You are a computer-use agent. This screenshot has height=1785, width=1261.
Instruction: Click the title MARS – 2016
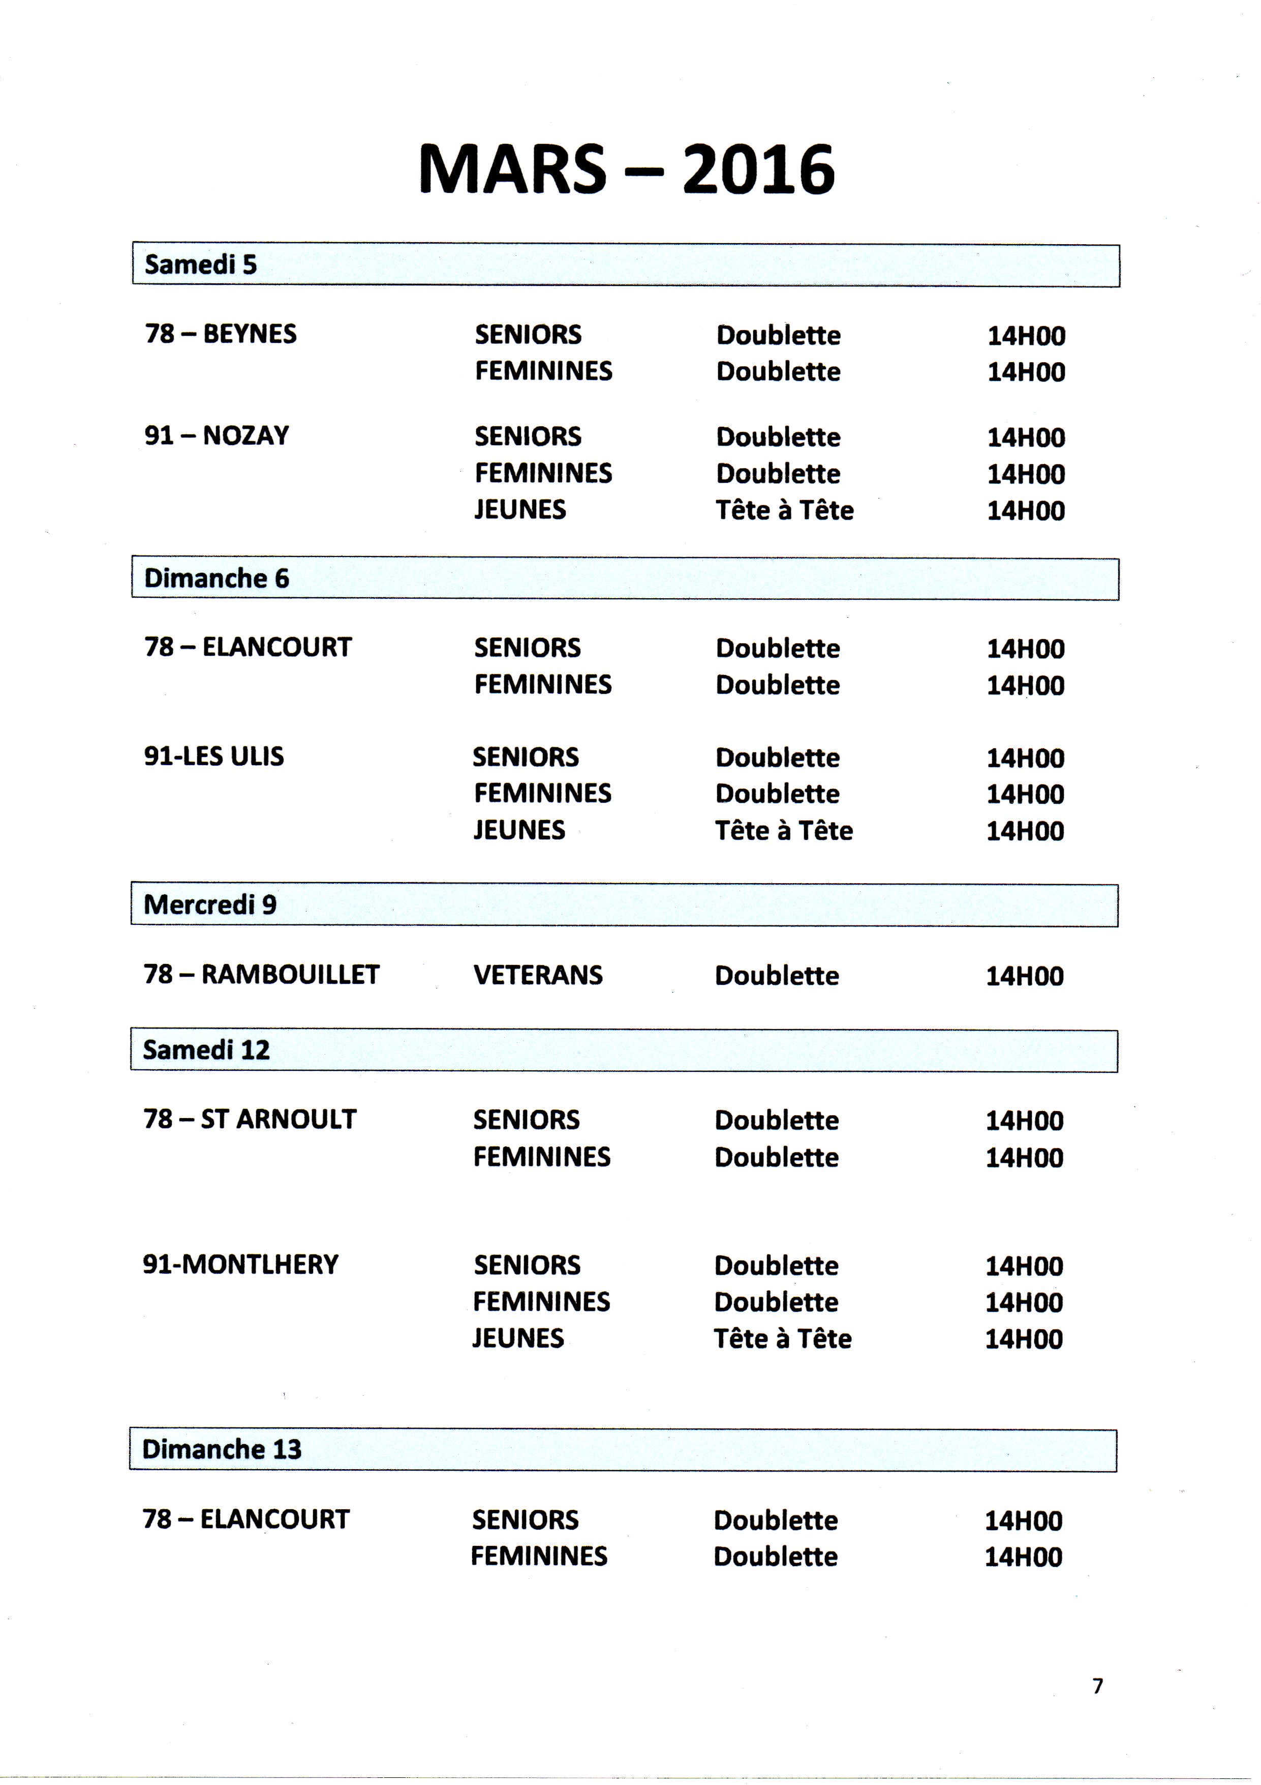click(626, 169)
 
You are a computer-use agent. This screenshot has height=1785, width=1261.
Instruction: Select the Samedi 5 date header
click(200, 265)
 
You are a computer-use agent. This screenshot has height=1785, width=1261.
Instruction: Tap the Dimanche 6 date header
click(216, 578)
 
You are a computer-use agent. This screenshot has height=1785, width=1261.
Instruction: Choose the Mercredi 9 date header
click(210, 905)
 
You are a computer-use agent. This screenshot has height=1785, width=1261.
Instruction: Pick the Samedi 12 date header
click(206, 1050)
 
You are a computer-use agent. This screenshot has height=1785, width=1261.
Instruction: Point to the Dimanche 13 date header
click(222, 1450)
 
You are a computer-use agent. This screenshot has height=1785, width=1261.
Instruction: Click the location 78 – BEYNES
click(221, 334)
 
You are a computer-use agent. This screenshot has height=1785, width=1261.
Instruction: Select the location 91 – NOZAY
click(217, 435)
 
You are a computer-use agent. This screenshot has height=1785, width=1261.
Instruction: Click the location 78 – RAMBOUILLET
click(261, 975)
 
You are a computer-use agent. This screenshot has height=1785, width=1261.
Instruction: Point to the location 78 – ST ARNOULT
click(250, 1120)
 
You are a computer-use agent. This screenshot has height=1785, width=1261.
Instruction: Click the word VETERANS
click(538, 976)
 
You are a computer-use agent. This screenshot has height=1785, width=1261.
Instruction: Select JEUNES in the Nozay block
click(520, 510)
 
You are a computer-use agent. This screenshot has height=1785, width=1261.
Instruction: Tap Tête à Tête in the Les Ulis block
click(784, 831)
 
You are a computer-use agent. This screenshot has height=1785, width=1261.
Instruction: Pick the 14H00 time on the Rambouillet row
click(1025, 977)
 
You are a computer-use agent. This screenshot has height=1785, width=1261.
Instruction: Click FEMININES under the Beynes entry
click(543, 372)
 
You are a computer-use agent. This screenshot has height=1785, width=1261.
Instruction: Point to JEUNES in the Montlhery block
click(518, 1339)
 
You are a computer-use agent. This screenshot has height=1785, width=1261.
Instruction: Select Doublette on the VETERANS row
click(777, 977)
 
